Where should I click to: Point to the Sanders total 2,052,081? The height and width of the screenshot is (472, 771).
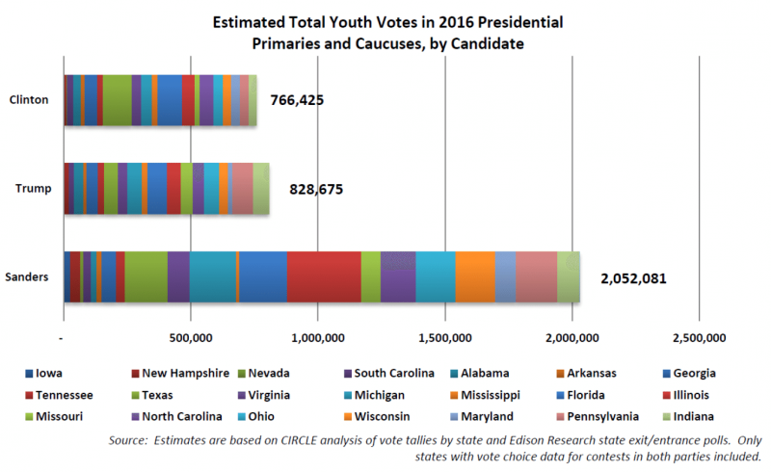pos(633,278)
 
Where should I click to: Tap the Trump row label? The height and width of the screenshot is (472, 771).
pos(31,189)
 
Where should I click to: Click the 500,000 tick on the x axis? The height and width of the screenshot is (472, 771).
pos(191,339)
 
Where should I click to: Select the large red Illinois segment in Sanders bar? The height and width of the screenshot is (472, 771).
pos(324,277)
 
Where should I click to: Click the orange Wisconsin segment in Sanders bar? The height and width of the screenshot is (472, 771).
pos(475,277)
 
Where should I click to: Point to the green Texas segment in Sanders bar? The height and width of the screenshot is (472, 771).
pos(146,277)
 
